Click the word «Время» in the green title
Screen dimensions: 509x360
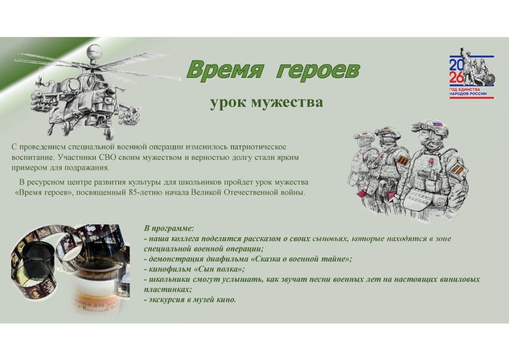pos(225,69)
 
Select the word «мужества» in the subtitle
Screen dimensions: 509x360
pos(287,102)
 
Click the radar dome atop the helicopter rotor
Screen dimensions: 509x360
pos(94,52)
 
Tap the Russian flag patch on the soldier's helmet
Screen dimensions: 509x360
pos(438,124)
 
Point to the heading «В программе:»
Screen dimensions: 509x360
pos(169,229)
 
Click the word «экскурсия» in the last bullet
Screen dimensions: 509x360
pos(166,299)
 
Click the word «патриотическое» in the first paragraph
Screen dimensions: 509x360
pos(258,147)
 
